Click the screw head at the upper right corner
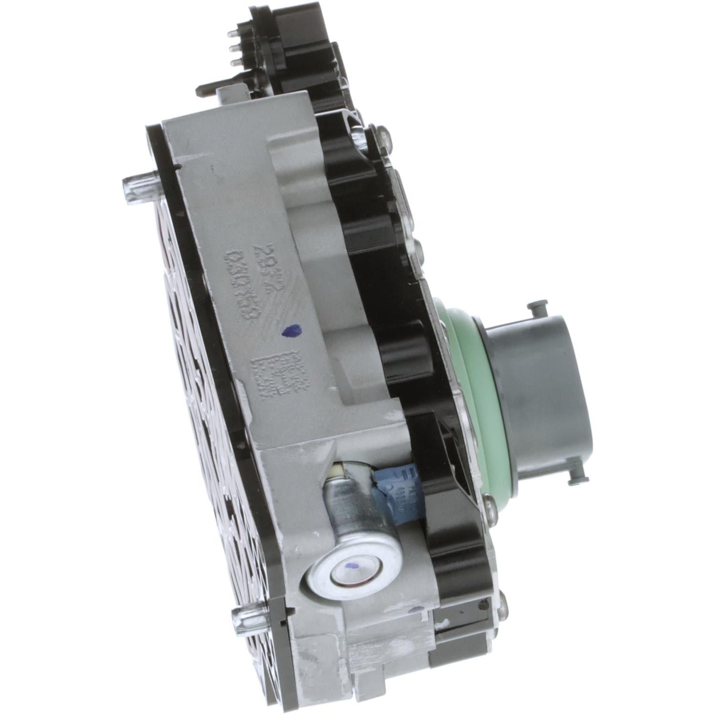[382, 135]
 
